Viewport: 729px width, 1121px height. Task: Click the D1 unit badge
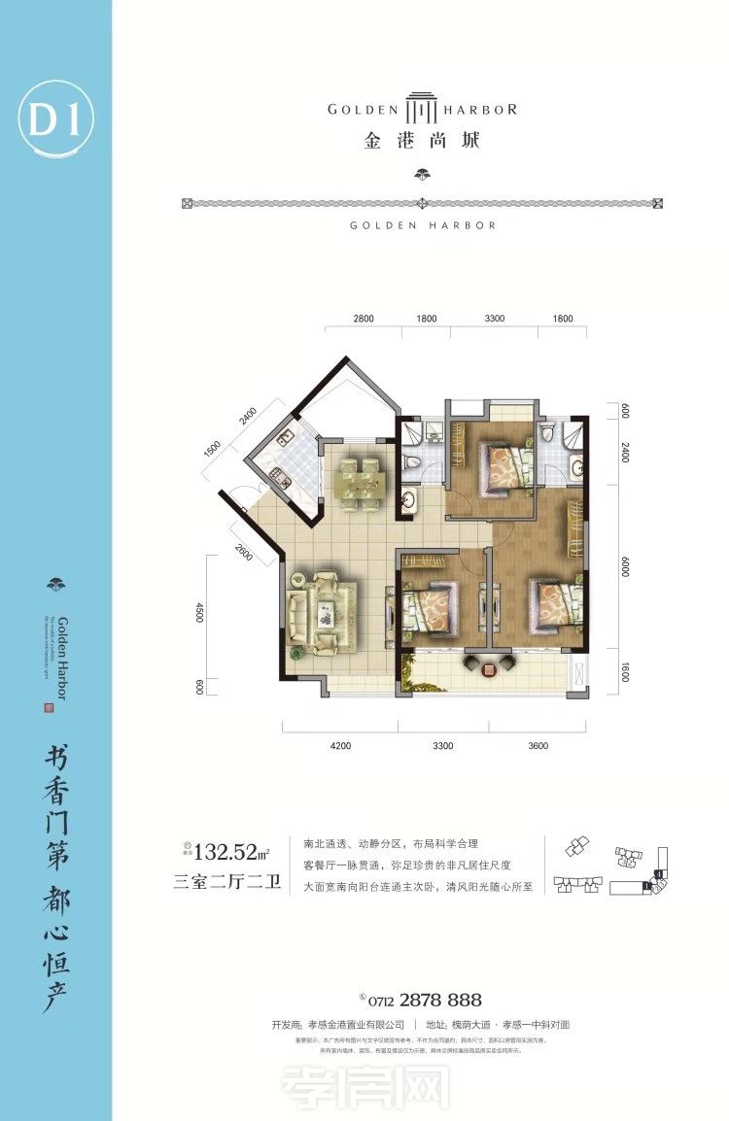55,122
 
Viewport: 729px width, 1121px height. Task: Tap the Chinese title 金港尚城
422,141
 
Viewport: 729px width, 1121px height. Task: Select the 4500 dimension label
198,612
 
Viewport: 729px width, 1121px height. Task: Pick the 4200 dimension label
339,746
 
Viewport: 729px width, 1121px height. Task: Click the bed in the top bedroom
504,465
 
